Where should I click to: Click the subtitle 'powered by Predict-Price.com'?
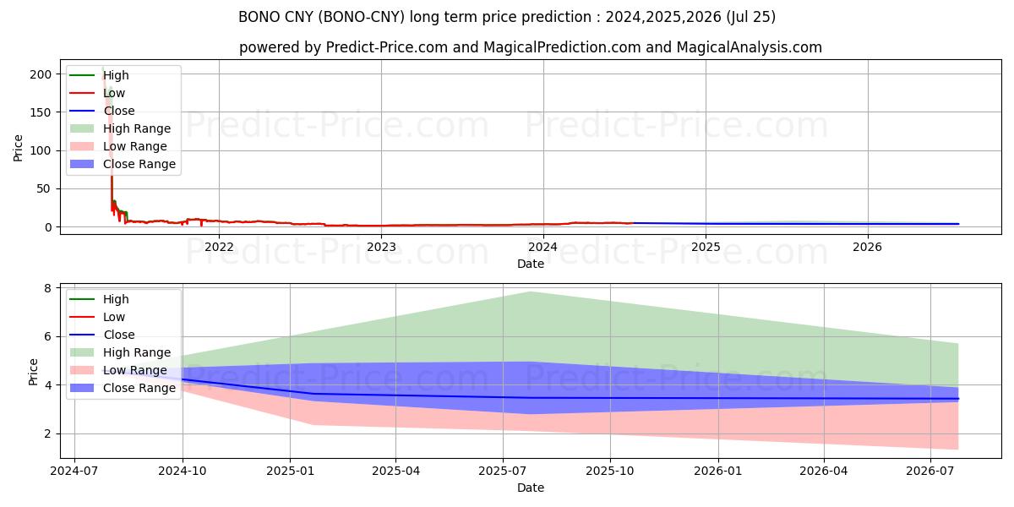[530, 47]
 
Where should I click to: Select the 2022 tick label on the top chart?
[219, 247]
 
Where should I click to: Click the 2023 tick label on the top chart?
[381, 247]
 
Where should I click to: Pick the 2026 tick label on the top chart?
[867, 247]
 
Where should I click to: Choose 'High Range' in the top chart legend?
[137, 128]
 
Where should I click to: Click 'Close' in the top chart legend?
[119, 111]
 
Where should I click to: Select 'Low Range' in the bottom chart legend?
[135, 370]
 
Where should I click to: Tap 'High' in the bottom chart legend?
[116, 299]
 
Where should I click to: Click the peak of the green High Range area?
[530, 292]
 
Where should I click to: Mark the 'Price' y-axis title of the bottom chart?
[33, 371]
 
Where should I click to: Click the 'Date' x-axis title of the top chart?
[530, 264]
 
